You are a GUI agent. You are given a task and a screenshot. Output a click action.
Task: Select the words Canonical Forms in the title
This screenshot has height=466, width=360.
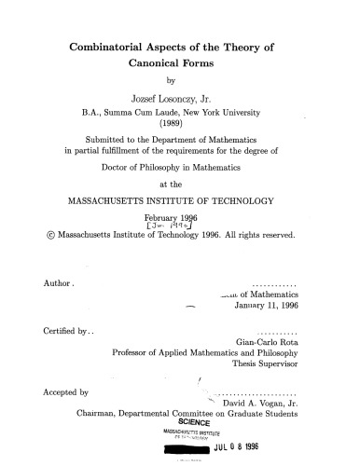pos(180,67)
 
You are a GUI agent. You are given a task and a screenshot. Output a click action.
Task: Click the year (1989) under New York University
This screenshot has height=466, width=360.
pos(180,133)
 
